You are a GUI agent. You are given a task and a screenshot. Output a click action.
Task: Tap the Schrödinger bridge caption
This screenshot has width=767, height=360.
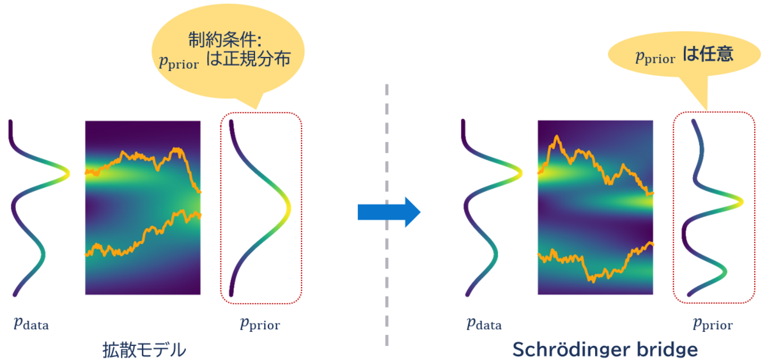point(605,349)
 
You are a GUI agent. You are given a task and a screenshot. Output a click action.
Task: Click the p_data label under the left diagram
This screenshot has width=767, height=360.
point(31,324)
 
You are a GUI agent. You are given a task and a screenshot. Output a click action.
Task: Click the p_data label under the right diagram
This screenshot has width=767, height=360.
point(483,324)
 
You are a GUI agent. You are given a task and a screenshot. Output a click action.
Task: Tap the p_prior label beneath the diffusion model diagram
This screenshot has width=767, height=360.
point(260,324)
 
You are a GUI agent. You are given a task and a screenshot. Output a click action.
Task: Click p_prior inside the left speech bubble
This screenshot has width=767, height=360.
point(178,61)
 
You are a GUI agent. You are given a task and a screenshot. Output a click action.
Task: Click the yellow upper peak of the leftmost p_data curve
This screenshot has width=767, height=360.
point(66,171)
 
